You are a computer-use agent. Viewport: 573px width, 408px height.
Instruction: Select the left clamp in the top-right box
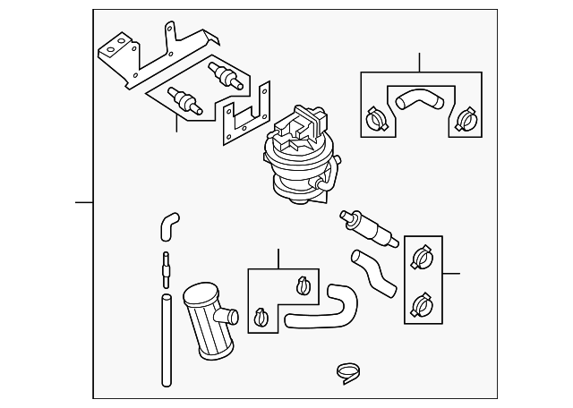pos(376,118)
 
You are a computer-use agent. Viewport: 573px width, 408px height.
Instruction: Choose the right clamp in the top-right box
pos(464,118)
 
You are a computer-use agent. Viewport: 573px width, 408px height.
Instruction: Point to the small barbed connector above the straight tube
pos(166,267)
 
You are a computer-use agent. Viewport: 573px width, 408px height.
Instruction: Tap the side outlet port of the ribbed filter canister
pos(229,315)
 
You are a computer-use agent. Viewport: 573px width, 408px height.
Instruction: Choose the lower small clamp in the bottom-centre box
pos(261,317)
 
